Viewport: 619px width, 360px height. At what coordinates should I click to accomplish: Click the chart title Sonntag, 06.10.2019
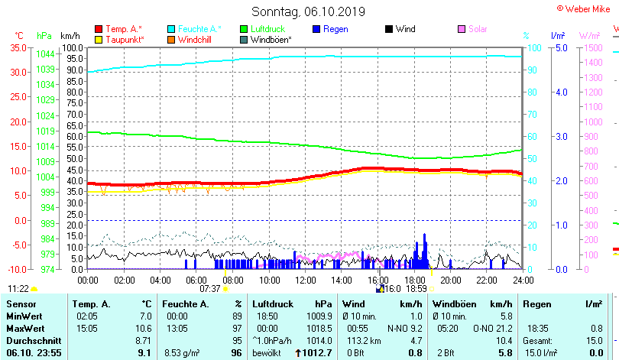coord(308,11)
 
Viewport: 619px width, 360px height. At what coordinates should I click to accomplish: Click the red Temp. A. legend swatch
coord(99,29)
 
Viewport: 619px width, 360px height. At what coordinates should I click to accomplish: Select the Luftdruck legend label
coord(267,29)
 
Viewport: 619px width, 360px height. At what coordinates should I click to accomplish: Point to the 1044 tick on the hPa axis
coord(45,54)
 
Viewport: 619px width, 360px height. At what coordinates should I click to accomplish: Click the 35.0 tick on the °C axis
coord(18,47)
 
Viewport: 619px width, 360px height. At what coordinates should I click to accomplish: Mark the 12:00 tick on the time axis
coord(304,280)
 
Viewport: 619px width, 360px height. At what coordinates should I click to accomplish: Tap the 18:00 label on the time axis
coord(413,280)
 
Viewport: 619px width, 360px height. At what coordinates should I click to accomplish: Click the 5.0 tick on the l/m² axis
coord(559,47)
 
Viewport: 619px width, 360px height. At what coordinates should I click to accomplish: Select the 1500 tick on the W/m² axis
coord(591,47)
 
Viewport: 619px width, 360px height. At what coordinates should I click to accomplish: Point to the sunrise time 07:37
coord(209,289)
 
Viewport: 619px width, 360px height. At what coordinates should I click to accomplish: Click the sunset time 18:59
coord(415,289)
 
